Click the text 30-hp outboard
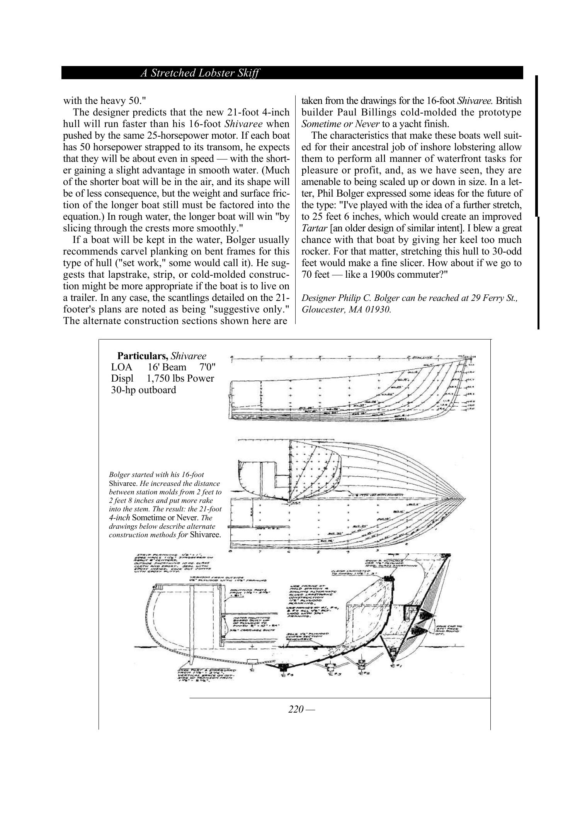(x=143, y=390)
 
